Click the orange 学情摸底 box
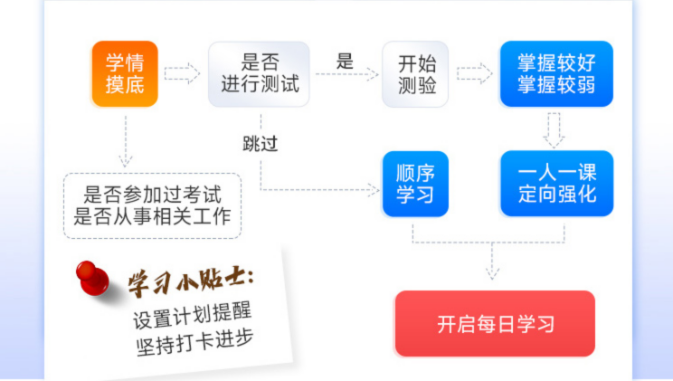pyautogui.click(x=125, y=73)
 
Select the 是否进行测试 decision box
pyautogui.click(x=259, y=74)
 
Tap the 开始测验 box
pyautogui.click(x=415, y=74)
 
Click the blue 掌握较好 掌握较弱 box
pyautogui.click(x=556, y=73)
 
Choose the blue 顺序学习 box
pyautogui.click(x=415, y=184)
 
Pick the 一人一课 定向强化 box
pyautogui.click(x=556, y=184)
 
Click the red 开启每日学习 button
pyautogui.click(x=495, y=323)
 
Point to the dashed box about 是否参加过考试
pyautogui.click(x=152, y=205)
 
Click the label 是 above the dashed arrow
pyautogui.click(x=345, y=61)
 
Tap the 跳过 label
pyautogui.click(x=261, y=144)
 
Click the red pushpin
pyautogui.click(x=92, y=279)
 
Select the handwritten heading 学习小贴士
pyautogui.click(x=191, y=281)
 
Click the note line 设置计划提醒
pyautogui.click(x=192, y=316)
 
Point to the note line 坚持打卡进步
pyautogui.click(x=194, y=342)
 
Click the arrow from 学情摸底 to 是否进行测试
pyautogui.click(x=182, y=73)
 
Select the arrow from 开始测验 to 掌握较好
pyautogui.click(x=474, y=73)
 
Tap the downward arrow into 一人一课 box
pyautogui.click(x=554, y=130)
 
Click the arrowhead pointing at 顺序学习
pyautogui.click(x=374, y=189)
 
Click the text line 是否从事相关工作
pyautogui.click(x=152, y=216)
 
